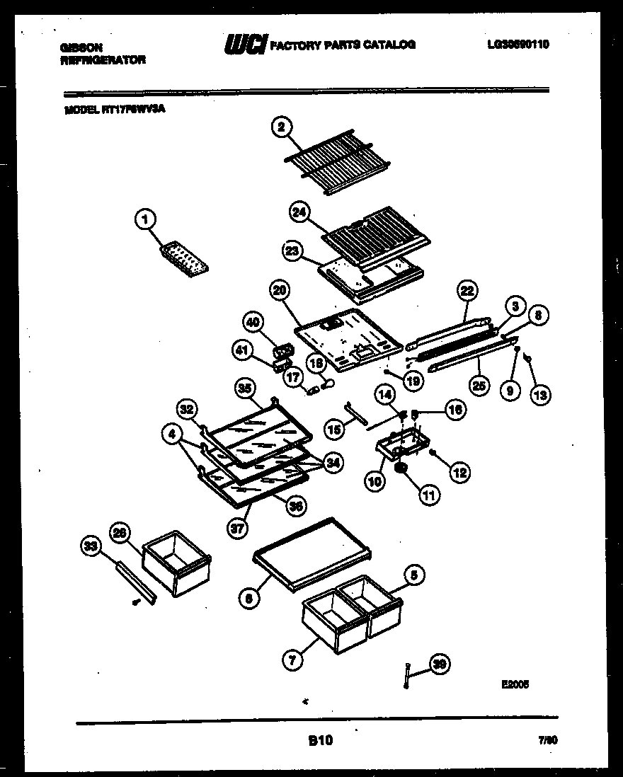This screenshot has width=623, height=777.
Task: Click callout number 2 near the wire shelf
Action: click(281, 127)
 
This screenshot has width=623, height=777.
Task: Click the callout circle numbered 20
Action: click(280, 289)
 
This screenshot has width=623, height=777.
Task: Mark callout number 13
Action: click(539, 395)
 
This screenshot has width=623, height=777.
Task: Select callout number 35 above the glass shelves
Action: click(244, 387)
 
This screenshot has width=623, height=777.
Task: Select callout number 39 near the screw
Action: click(440, 664)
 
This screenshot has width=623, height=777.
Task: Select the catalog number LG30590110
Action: click(518, 45)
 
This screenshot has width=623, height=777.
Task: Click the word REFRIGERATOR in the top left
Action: click(103, 61)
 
